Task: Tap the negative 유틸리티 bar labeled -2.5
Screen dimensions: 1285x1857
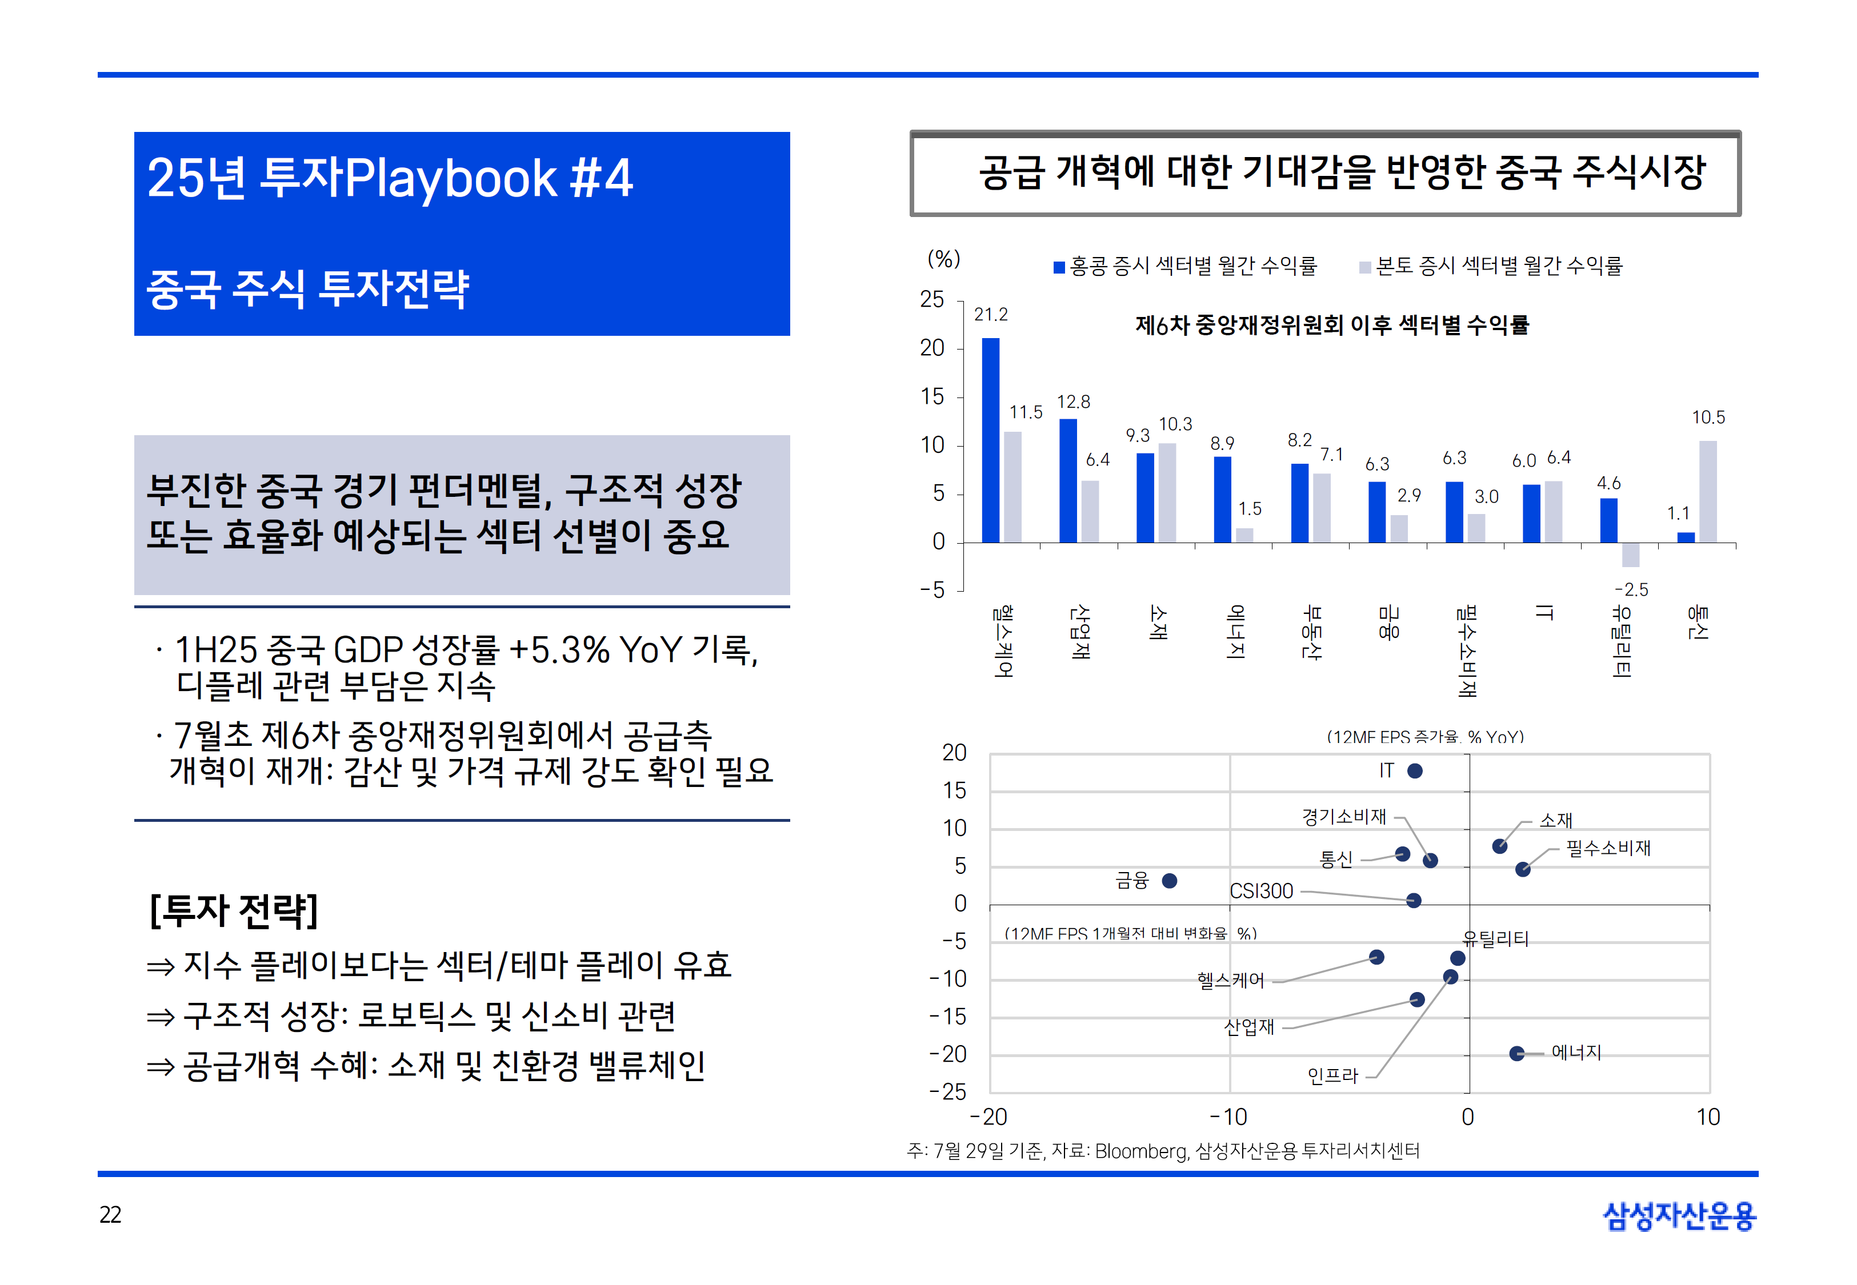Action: (x=1630, y=555)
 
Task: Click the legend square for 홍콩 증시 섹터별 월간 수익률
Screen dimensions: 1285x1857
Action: (x=1059, y=267)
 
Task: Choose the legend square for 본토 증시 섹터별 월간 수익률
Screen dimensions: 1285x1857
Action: (x=1365, y=267)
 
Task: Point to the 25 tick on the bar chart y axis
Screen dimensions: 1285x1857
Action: (x=932, y=299)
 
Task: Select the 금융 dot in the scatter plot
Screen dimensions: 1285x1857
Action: (x=1169, y=881)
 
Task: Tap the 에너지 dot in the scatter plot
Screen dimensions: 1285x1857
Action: (x=1516, y=1053)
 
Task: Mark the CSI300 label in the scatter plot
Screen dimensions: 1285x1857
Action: (x=1261, y=892)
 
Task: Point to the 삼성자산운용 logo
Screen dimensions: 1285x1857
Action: (x=1679, y=1216)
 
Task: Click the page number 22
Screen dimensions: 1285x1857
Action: (x=110, y=1214)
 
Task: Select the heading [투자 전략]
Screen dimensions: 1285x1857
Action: (x=234, y=910)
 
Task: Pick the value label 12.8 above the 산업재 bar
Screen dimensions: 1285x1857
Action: (x=1074, y=401)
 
